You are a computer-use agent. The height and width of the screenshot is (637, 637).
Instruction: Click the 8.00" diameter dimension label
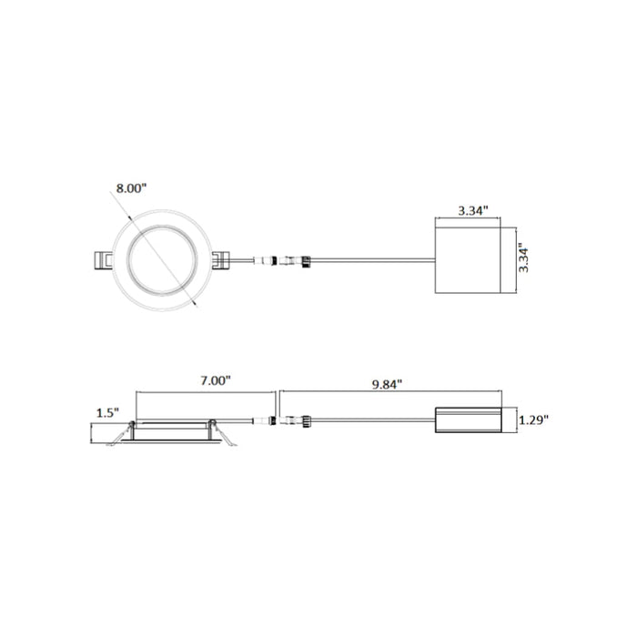(131, 188)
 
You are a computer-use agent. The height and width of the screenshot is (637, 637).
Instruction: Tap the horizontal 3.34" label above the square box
(473, 211)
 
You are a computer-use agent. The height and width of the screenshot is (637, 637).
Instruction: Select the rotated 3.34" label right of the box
(523, 260)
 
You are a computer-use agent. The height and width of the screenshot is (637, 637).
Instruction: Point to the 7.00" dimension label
(216, 380)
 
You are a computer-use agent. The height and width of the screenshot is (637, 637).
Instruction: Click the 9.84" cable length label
(387, 384)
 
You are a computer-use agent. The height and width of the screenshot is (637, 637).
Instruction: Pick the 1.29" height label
(533, 420)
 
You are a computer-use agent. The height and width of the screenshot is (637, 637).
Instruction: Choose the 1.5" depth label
(107, 413)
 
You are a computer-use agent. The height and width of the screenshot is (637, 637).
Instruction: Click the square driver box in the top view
(468, 260)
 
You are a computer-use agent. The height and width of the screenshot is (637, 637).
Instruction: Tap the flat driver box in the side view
(469, 420)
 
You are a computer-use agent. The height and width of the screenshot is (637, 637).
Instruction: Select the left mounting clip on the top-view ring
(103, 260)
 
